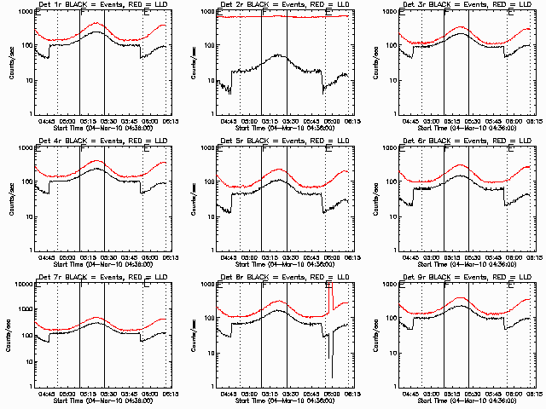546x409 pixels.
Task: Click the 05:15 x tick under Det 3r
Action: pyautogui.click(x=453, y=120)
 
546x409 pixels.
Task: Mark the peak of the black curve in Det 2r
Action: pyautogui.click(x=276, y=55)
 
